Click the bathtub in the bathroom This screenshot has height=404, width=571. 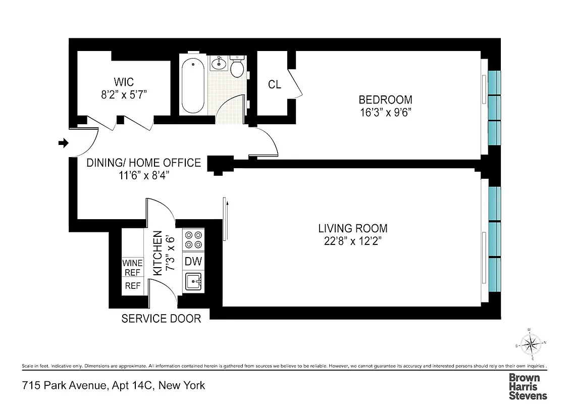[192, 84]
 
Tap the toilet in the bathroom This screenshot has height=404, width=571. [237, 68]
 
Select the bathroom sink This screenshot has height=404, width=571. [219, 64]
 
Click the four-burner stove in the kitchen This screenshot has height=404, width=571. [193, 239]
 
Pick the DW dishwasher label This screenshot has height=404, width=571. [193, 262]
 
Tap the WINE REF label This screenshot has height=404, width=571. [133, 268]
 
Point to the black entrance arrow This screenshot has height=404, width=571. [63, 143]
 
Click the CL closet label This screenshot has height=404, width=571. [274, 85]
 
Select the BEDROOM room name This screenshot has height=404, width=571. [385, 99]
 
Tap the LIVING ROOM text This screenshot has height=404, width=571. [352, 228]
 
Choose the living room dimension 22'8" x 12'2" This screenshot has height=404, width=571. [352, 241]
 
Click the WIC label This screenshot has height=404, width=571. [124, 81]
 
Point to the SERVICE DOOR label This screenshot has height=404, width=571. [161, 319]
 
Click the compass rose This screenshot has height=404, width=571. [530, 345]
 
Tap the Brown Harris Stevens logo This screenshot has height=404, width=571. [528, 386]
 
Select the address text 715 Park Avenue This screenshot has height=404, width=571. [64, 386]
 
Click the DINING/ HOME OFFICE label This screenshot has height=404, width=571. [143, 163]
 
